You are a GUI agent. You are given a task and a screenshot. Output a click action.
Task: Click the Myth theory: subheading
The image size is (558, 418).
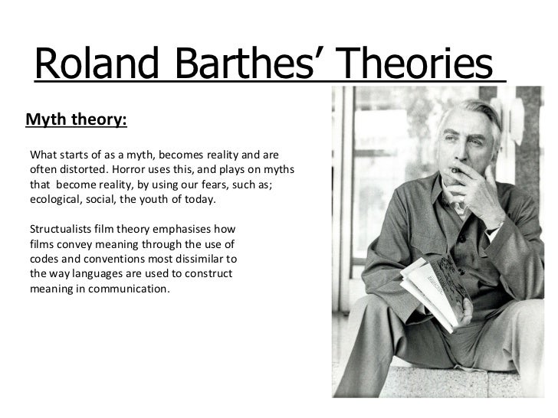click(77, 119)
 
